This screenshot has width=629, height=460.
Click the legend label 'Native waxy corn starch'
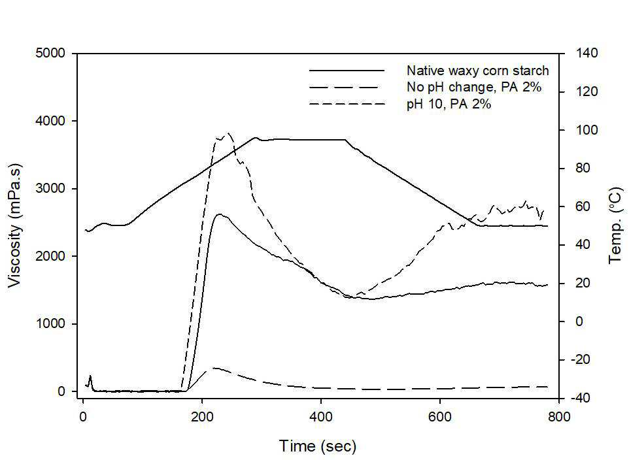tap(477, 71)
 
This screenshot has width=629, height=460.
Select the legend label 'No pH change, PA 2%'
tap(474, 87)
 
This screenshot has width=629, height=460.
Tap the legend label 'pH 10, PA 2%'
tap(449, 105)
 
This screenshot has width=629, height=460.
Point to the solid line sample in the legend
tap(347, 71)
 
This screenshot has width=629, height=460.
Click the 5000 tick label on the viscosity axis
tap(50, 53)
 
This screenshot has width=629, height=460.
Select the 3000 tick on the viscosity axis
tap(50, 188)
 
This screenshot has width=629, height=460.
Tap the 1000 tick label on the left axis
tap(50, 323)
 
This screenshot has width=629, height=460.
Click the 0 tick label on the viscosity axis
tap(61, 391)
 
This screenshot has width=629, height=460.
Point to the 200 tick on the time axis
tap(202, 417)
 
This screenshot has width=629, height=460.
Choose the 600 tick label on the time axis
tap(439, 417)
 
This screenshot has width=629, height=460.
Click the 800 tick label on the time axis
tap(559, 417)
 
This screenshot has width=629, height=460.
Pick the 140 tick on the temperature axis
tap(586, 53)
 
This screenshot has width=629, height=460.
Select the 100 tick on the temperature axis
tap(586, 130)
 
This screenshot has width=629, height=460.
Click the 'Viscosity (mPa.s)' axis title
tap(14, 225)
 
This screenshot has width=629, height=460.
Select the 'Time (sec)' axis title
tap(318, 446)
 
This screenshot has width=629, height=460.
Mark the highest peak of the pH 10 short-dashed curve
tap(228, 133)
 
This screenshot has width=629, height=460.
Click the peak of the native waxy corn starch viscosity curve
tap(219, 214)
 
